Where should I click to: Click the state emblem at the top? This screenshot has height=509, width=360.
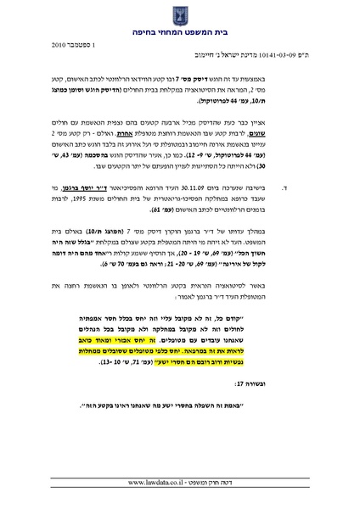coord(180,14)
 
